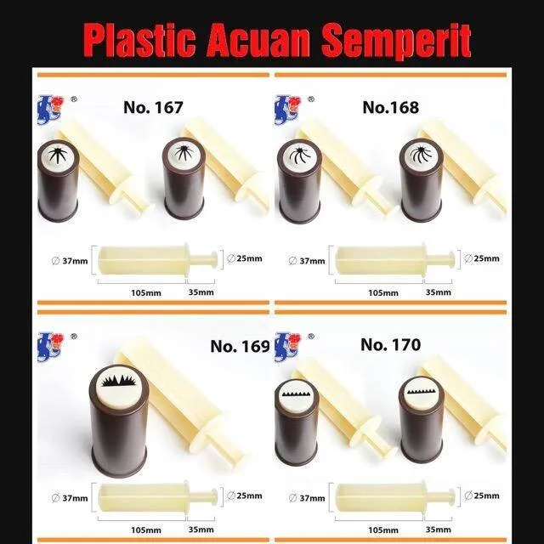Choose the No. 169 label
240,347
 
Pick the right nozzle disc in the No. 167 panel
182,155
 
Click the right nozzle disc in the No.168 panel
420,155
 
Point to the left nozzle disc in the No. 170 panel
297,395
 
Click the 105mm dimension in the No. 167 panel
140,292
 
